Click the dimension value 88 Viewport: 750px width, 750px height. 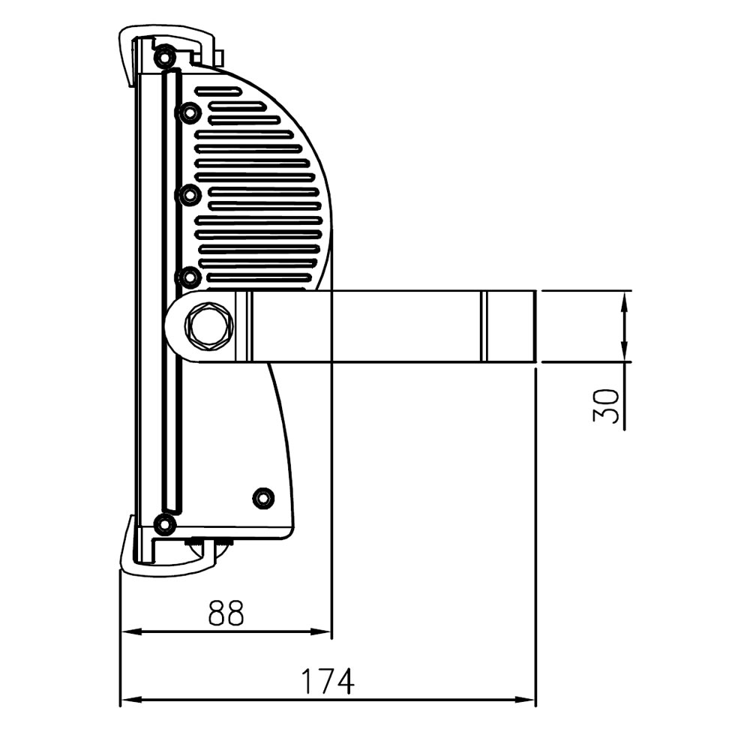click(x=226, y=613)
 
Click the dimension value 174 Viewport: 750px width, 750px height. click(x=328, y=681)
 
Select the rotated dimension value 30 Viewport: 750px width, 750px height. click(x=606, y=405)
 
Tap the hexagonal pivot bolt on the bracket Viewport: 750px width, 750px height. click(x=209, y=325)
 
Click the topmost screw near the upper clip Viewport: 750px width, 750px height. click(x=164, y=58)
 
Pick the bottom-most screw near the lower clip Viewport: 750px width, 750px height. click(x=164, y=525)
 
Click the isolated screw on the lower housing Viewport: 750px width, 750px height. click(x=263, y=499)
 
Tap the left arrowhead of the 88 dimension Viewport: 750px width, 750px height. click(x=132, y=631)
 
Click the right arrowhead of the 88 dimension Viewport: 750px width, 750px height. click(x=320, y=631)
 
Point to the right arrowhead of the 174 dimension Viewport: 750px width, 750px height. click(x=524, y=700)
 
